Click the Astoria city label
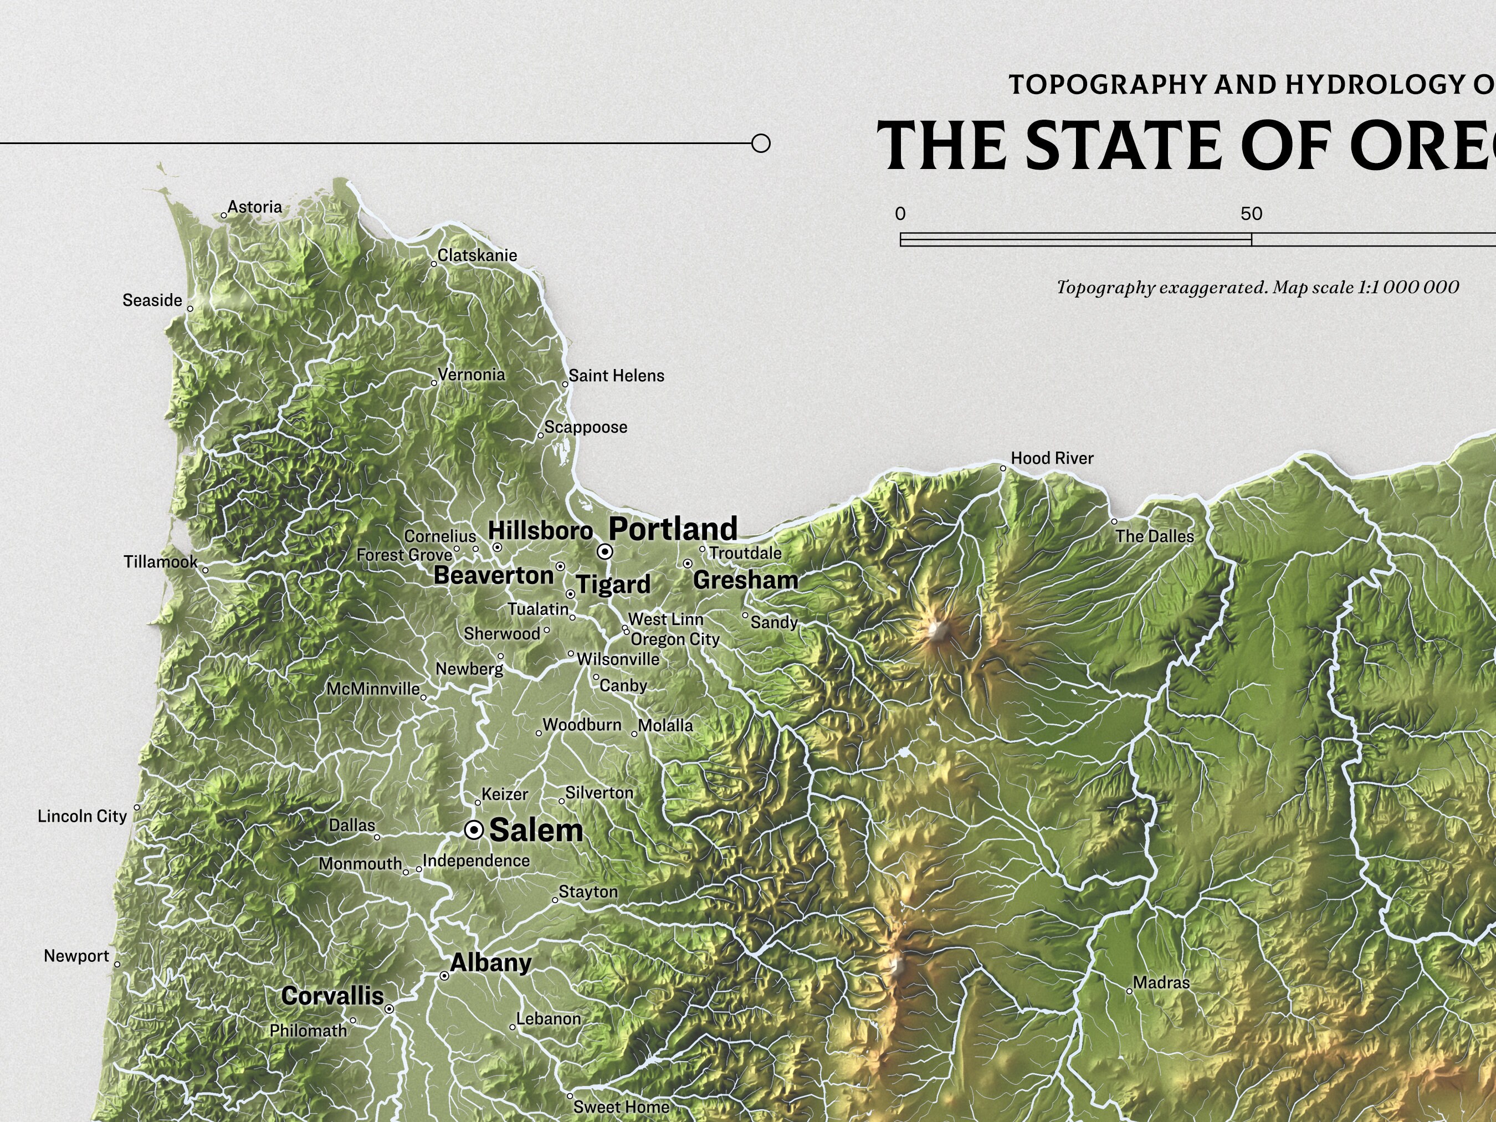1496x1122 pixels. [254, 207]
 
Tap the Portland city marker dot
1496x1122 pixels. [605, 552]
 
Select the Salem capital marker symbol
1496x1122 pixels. [475, 830]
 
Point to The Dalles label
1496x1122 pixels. [1155, 536]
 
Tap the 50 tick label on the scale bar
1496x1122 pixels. [1251, 214]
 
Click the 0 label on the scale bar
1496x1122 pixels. [900, 214]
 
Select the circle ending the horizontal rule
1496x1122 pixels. [761, 144]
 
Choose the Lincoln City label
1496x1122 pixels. [82, 816]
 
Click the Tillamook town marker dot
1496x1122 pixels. [206, 570]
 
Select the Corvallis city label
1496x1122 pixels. [332, 996]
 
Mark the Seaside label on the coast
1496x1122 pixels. [152, 300]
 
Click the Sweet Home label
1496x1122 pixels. [621, 1106]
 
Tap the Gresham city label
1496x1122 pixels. [745, 580]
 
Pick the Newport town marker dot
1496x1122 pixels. [117, 965]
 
